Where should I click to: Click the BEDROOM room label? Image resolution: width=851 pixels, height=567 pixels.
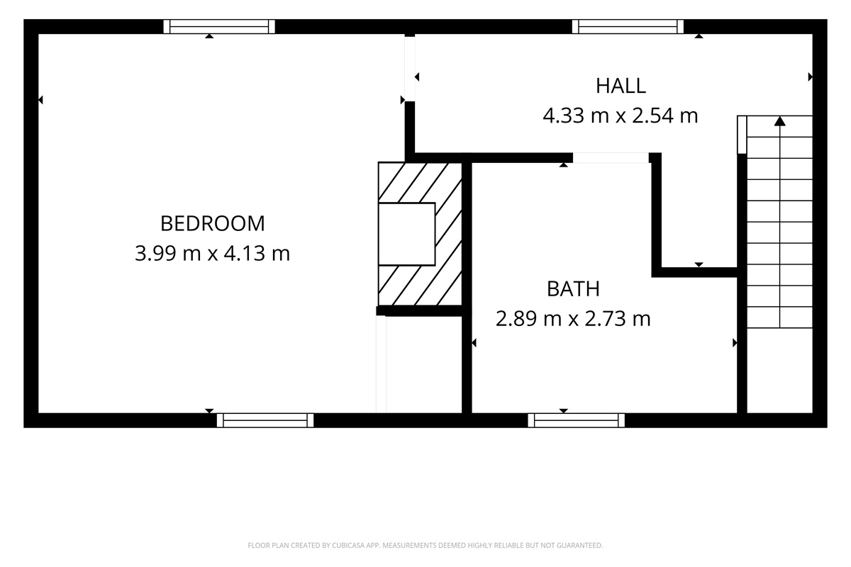tap(213, 223)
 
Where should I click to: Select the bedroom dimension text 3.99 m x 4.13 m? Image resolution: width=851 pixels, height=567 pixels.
tap(213, 253)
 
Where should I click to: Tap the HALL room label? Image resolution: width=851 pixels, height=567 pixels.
tap(621, 86)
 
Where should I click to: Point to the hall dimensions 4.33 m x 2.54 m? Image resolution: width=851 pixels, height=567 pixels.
tap(621, 116)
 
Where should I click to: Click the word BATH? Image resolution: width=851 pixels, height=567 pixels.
tap(573, 288)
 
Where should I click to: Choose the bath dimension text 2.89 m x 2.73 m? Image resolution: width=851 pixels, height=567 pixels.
tap(573, 319)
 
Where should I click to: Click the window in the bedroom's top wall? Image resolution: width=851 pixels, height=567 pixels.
tap(219, 27)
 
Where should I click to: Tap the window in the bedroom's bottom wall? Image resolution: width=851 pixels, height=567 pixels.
tap(265, 420)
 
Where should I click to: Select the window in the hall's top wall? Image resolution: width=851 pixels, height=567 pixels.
tap(628, 27)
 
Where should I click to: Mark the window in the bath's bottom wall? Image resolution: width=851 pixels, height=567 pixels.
tap(577, 420)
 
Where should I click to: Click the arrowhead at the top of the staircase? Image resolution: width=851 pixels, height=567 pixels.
tap(780, 121)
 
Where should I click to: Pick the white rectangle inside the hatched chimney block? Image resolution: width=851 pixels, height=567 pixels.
tap(406, 234)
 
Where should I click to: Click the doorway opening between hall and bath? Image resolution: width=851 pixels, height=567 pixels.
tap(611, 158)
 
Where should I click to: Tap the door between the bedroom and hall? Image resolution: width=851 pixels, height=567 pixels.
tap(409, 68)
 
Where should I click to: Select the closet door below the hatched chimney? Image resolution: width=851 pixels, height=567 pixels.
tap(381, 364)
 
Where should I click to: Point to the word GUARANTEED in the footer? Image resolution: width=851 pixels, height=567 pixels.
tap(581, 546)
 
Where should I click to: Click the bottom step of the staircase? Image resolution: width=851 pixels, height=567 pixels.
tap(780, 318)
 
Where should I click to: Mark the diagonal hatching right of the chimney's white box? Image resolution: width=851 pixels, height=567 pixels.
tap(448, 234)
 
